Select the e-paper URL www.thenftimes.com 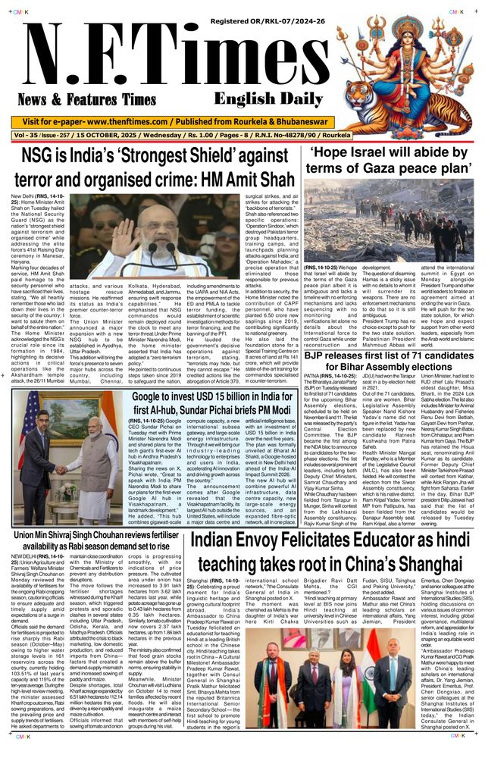pos(128,122)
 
